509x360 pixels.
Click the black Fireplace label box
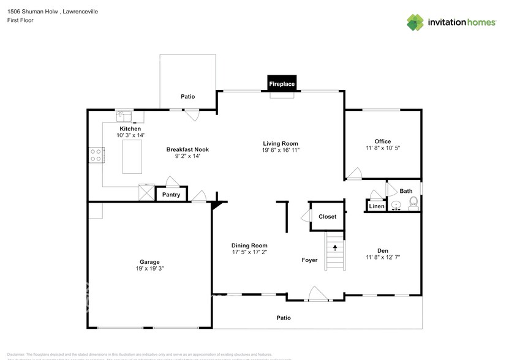pos(282,84)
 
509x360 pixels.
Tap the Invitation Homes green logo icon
pos(415,23)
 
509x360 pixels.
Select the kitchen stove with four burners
pos(96,155)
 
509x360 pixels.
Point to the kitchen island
pos(132,157)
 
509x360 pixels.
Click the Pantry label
pos(171,195)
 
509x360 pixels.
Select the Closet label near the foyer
pos(327,217)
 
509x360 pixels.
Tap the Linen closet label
pos(376,207)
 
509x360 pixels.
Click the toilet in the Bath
pos(413,203)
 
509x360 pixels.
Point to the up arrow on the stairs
pos(335,247)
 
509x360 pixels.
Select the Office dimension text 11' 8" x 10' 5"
pos(383,148)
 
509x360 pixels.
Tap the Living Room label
pos(281,143)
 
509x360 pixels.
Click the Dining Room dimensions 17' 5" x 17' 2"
pos(249,252)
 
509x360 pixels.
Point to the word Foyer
pos(309,260)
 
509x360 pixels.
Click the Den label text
pos(383,250)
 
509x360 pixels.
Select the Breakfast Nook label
pos(187,149)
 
